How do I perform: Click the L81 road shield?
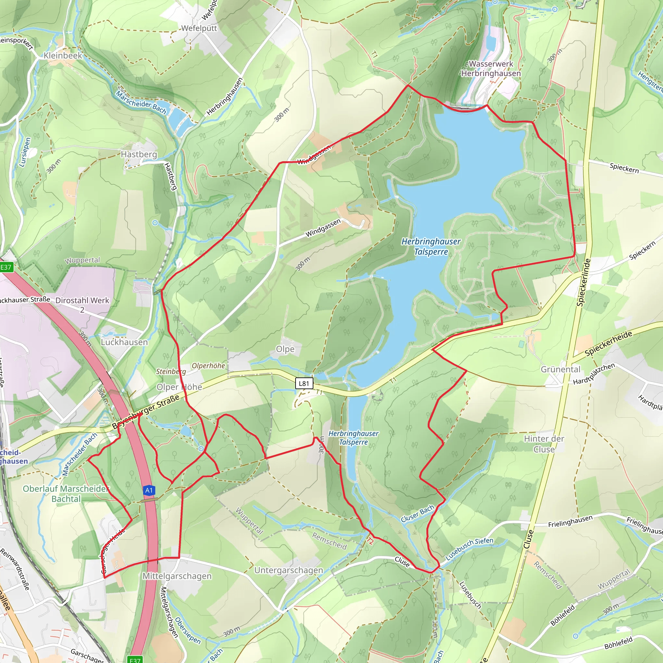tap(304, 383)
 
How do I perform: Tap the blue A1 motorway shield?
tap(149, 490)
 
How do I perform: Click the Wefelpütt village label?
tap(199, 28)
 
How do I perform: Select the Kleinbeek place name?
tap(63, 56)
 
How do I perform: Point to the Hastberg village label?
tap(139, 154)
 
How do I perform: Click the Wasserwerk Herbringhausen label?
tap(491, 69)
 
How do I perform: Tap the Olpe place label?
tap(285, 349)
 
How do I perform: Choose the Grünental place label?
tap(560, 369)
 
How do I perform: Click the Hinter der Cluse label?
tap(544, 444)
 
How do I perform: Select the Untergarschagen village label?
tap(288, 570)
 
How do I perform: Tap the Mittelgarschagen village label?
tap(177, 576)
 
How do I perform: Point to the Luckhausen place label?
tap(124, 342)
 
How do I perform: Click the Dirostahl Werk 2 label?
tap(82, 305)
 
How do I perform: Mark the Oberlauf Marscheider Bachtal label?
tap(66, 493)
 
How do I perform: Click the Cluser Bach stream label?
tap(417, 514)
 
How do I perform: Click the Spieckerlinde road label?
tap(583, 282)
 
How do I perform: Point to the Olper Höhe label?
tap(179, 387)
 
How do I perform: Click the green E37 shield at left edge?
tap(6, 267)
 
